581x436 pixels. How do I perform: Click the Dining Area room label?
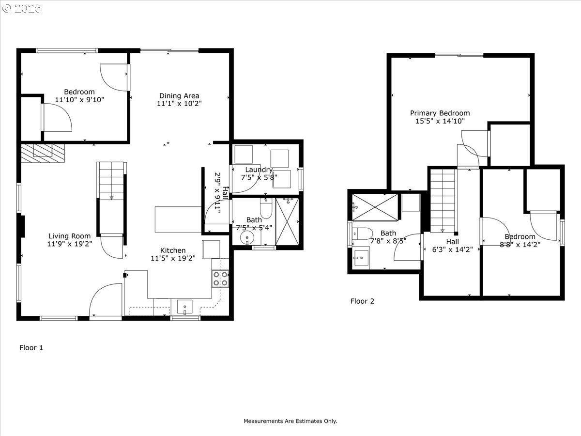(179, 95)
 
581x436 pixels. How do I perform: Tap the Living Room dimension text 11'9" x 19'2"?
(70, 244)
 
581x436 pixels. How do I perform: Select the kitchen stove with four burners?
(220, 279)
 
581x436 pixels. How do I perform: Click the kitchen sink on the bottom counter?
(185, 307)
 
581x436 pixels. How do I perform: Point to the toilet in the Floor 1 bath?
(266, 208)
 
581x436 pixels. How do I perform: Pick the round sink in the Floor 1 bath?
(247, 238)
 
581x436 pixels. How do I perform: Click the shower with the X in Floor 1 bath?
(287, 221)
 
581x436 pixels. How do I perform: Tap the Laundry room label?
(259, 170)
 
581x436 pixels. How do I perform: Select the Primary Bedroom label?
(440, 113)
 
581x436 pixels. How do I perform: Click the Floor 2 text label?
(362, 301)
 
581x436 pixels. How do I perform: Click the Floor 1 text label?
(31, 347)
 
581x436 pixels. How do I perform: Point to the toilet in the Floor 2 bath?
(362, 234)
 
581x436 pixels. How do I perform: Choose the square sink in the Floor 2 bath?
(361, 258)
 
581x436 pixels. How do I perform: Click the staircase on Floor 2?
(443, 201)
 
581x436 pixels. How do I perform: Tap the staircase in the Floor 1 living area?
(111, 181)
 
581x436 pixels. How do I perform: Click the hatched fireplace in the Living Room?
(43, 153)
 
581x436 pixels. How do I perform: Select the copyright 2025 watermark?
(21, 8)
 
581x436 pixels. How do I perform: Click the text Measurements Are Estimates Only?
(290, 421)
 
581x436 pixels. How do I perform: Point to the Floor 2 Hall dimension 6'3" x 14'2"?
(452, 249)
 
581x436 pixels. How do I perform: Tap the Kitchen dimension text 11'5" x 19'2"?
(173, 258)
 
